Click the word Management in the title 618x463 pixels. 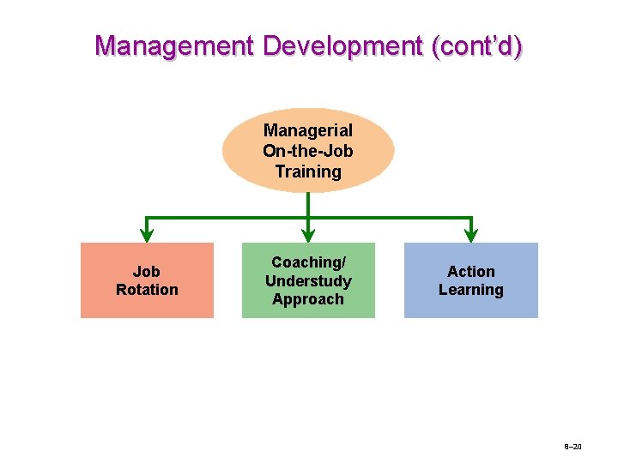(174, 45)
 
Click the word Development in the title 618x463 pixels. (342, 45)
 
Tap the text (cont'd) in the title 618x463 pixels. (476, 45)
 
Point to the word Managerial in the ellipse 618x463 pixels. (308, 131)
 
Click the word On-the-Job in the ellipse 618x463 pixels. (308, 151)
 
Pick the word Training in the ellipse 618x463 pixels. (308, 171)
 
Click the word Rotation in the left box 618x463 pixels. (147, 290)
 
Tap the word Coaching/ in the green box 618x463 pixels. (308, 262)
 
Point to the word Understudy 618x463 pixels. (308, 281)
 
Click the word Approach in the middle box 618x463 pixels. (308, 299)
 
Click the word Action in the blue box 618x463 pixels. (471, 272)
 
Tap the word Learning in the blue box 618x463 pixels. (471, 290)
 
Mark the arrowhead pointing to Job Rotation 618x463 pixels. (147, 233)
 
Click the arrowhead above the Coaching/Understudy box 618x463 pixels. (308, 233)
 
